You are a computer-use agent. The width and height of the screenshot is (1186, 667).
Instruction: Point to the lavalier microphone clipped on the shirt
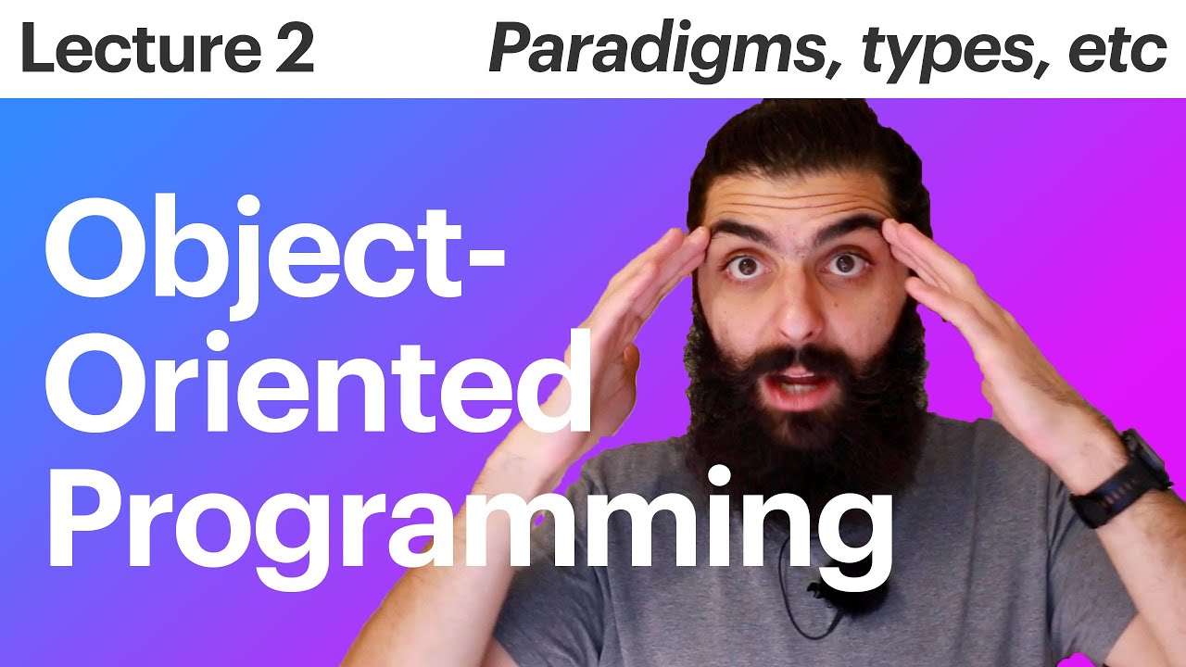[x=815, y=589]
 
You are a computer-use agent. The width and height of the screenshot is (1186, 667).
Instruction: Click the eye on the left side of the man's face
[x=741, y=267]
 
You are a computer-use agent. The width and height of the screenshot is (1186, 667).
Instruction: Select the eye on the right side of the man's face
[x=845, y=265]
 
